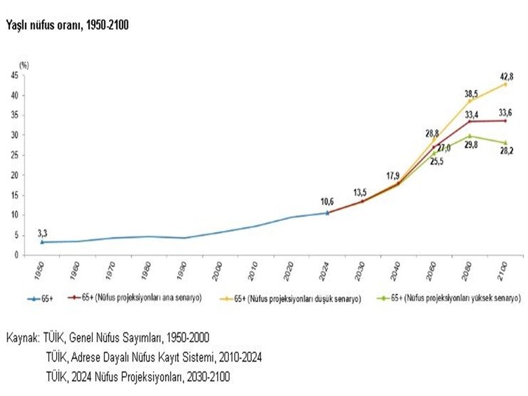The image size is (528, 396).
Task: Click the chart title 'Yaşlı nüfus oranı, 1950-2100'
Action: pyautogui.click(x=67, y=25)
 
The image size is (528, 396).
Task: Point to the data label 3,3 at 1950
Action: pyautogui.click(x=43, y=232)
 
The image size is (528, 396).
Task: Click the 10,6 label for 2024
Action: pyautogui.click(x=327, y=201)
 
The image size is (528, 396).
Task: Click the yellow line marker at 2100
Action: pyautogui.click(x=504, y=84)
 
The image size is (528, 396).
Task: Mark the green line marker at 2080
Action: pyautogui.click(x=469, y=136)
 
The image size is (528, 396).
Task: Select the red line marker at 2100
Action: pyautogui.click(x=504, y=120)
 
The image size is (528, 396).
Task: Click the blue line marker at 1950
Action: pyautogui.click(x=43, y=242)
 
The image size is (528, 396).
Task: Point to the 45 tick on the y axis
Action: pyautogui.click(x=14, y=76)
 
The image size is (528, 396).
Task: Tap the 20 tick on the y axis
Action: pyautogui.click(x=14, y=175)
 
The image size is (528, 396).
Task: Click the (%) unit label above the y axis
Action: pyautogui.click(x=24, y=65)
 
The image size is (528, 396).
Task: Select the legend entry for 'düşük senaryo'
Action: pyautogui.click(x=299, y=298)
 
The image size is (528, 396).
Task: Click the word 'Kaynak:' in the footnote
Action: pyautogui.click(x=22, y=336)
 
